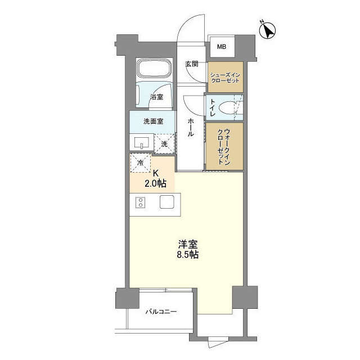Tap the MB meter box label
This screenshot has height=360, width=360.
pyautogui.click(x=222, y=47)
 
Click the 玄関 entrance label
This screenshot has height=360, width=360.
pyautogui.click(x=192, y=64)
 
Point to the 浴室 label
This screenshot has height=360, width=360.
pyautogui.click(x=156, y=97)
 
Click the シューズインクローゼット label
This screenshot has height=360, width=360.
pyautogui.click(x=225, y=78)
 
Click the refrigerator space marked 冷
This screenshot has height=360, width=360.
pyautogui.click(x=141, y=163)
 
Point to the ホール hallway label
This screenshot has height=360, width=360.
pyautogui.click(x=191, y=128)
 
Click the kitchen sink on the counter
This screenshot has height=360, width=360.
pyautogui.click(x=168, y=202)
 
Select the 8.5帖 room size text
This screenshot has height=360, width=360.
pyautogui.click(x=187, y=254)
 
